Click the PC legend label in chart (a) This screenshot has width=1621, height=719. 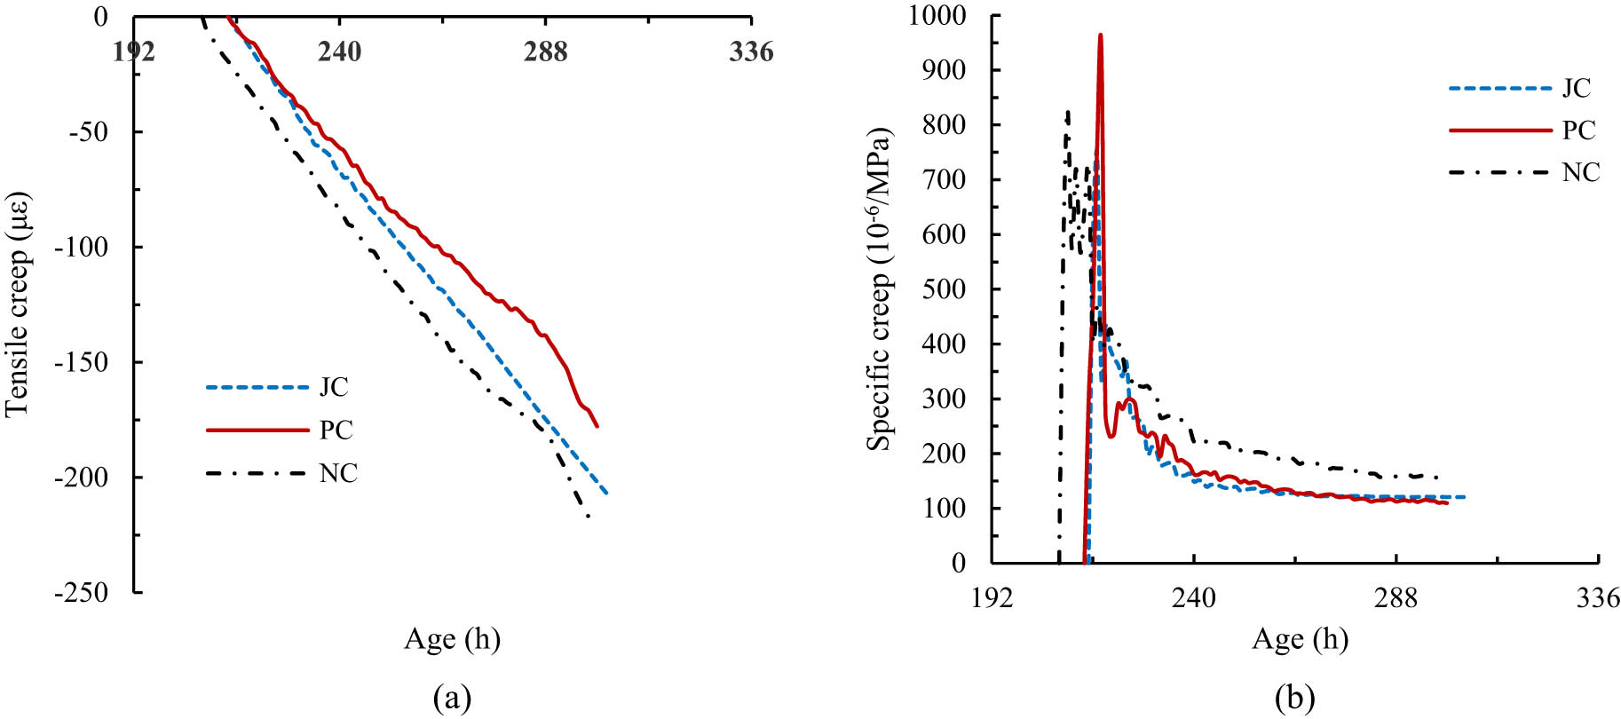[336, 431]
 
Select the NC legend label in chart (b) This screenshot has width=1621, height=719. [1581, 172]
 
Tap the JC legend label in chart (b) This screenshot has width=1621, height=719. [1577, 88]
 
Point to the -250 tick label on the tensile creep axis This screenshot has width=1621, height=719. [82, 592]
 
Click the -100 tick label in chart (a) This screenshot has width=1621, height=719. [82, 247]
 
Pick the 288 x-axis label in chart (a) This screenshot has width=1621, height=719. [545, 52]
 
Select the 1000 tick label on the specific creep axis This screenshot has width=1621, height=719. [937, 15]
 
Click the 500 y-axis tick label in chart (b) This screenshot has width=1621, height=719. [946, 289]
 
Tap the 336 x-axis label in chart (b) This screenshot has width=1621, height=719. [1598, 598]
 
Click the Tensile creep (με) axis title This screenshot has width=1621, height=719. [18, 304]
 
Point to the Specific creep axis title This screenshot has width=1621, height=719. [879, 289]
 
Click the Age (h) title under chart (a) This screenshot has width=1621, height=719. [452, 639]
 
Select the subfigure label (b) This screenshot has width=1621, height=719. [1294, 698]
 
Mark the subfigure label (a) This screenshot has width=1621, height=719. [452, 698]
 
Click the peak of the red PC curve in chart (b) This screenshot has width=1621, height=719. [1100, 36]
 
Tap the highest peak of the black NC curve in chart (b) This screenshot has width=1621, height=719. [1067, 112]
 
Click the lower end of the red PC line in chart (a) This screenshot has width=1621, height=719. [597, 426]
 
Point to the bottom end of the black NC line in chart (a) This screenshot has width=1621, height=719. [588, 517]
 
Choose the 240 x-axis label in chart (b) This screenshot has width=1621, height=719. [1194, 598]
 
